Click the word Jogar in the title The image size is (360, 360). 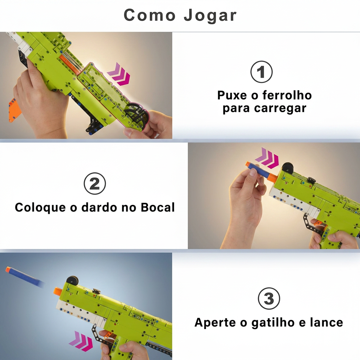coord(210,15)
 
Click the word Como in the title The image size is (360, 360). coord(149,15)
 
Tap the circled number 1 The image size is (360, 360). coord(261,72)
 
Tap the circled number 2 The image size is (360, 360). coord(95,184)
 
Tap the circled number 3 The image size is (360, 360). coord(269,299)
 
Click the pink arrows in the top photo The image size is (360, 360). coord(119,75)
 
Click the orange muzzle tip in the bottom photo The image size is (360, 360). coord(58,291)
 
